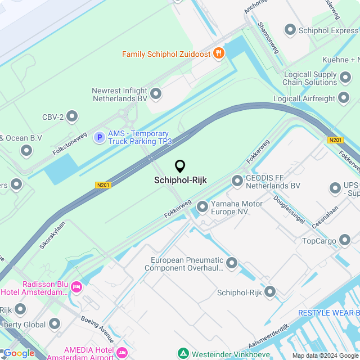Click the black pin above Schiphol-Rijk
click(x=180, y=166)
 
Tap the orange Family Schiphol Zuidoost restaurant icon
click(x=219, y=54)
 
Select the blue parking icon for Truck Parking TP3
click(x=100, y=137)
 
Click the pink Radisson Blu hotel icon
click(x=76, y=287)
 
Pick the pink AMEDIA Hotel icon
click(x=122, y=352)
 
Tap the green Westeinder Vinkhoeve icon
click(x=183, y=354)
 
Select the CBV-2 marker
click(x=72, y=117)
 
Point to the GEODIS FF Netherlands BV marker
click(x=237, y=181)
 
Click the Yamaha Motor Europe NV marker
click(x=202, y=208)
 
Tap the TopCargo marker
click(x=345, y=241)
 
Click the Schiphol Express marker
click(x=290, y=30)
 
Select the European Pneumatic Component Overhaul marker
click(x=232, y=263)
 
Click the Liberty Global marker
click(x=55, y=323)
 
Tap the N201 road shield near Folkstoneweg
click(x=102, y=184)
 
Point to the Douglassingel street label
click(x=289, y=209)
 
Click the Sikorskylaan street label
click(x=52, y=235)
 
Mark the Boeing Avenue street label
click(x=97, y=330)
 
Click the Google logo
click(x=19, y=353)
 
